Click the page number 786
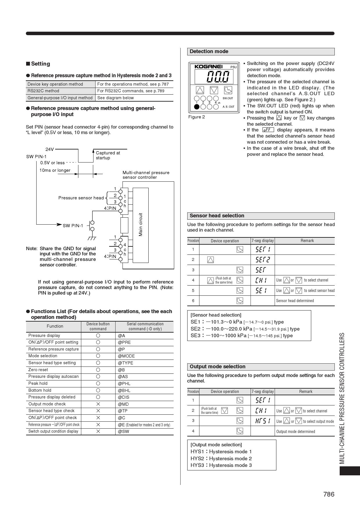329,494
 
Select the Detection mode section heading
209,52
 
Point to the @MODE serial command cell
126,356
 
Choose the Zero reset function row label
38,370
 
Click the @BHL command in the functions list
124,390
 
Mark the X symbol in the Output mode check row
98,404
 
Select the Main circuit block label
141,225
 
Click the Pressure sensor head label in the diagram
81,198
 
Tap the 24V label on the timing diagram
50,149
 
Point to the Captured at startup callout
108,155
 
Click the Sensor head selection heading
217,216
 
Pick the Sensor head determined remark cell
295,301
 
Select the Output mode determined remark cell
296,432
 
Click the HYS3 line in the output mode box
221,465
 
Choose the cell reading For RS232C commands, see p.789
131,91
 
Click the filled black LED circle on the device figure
197,107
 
